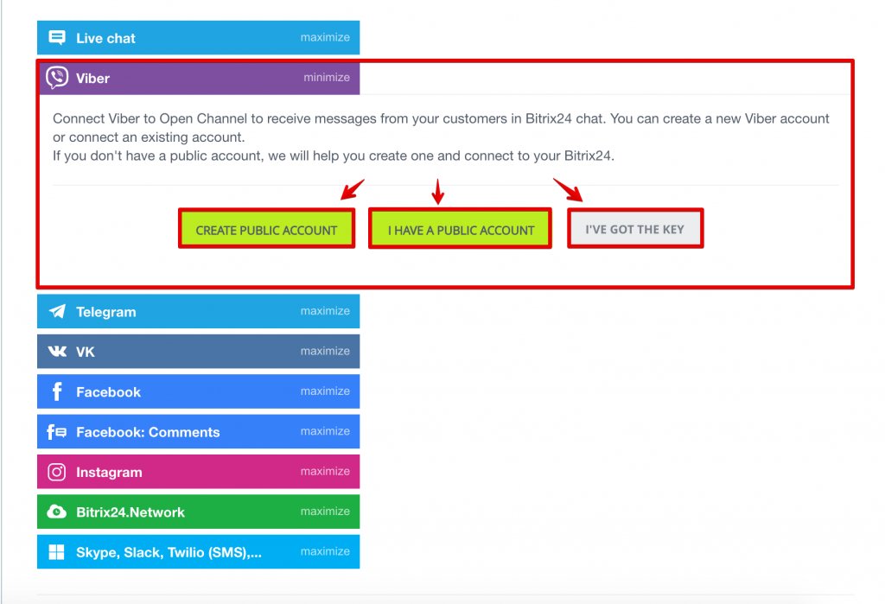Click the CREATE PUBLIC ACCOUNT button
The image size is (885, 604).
click(x=266, y=229)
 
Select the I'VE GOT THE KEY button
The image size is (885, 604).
click(x=635, y=229)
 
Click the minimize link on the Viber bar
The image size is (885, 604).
click(x=327, y=77)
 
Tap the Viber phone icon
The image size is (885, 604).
click(x=57, y=78)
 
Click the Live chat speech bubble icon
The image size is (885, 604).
click(x=57, y=38)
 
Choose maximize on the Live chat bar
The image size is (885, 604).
click(x=325, y=37)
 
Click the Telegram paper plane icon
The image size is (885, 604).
click(x=57, y=311)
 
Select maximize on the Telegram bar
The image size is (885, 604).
click(x=325, y=311)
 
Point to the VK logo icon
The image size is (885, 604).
click(x=57, y=352)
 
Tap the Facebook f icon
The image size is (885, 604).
click(x=57, y=391)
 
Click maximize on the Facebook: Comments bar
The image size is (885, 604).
click(x=325, y=431)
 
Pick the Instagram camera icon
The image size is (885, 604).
click(x=57, y=472)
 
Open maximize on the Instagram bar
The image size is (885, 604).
click(x=325, y=471)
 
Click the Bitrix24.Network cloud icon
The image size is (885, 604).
click(x=57, y=512)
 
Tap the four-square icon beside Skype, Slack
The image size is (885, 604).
click(x=56, y=552)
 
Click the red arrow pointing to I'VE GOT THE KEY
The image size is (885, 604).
click(x=568, y=189)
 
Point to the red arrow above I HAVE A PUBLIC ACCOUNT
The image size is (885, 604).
click(x=438, y=191)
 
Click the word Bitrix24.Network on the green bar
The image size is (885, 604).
click(x=131, y=512)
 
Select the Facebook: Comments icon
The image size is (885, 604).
click(x=57, y=432)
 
